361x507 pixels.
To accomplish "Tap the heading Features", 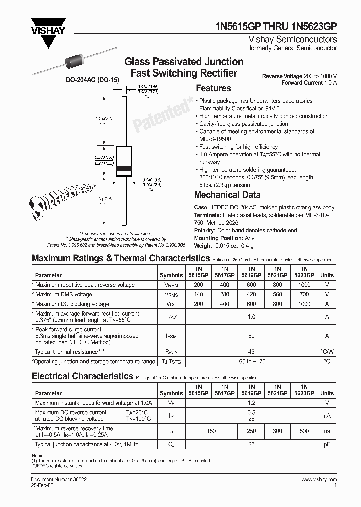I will tap(213, 88).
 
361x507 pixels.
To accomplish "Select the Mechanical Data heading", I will tap(227, 195).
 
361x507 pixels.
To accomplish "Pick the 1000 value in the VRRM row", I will tap(304, 285).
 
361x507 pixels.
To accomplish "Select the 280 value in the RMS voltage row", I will tap(224, 294).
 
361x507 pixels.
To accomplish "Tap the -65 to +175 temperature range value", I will tap(251, 361).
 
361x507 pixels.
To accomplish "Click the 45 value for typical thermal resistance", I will tap(251, 351).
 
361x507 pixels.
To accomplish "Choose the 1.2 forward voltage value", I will tap(251, 402).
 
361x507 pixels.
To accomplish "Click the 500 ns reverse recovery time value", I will tap(304, 431).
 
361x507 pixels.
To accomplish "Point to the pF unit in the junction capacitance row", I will tap(327, 444).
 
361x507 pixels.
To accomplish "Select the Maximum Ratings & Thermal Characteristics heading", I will tap(120, 258).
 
